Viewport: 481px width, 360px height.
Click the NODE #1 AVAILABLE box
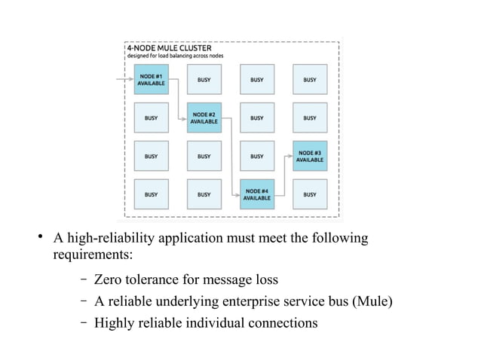tap(151, 79)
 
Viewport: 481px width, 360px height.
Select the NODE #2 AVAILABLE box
tap(204, 117)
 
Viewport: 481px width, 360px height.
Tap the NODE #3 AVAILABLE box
tap(309, 156)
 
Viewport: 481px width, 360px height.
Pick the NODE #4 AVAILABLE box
tap(256, 194)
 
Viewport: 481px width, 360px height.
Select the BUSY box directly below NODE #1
tap(151, 117)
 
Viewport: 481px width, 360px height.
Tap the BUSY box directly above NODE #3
tap(309, 117)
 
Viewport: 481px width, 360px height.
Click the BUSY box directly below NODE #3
tap(309, 194)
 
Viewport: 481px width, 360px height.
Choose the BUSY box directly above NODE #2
tap(204, 79)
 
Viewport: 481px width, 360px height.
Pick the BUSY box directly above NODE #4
tap(256, 156)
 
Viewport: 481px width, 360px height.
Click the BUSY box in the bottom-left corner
tap(151, 194)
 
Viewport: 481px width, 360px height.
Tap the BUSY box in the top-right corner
tap(309, 79)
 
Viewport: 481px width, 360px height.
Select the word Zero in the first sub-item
tap(109, 280)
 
